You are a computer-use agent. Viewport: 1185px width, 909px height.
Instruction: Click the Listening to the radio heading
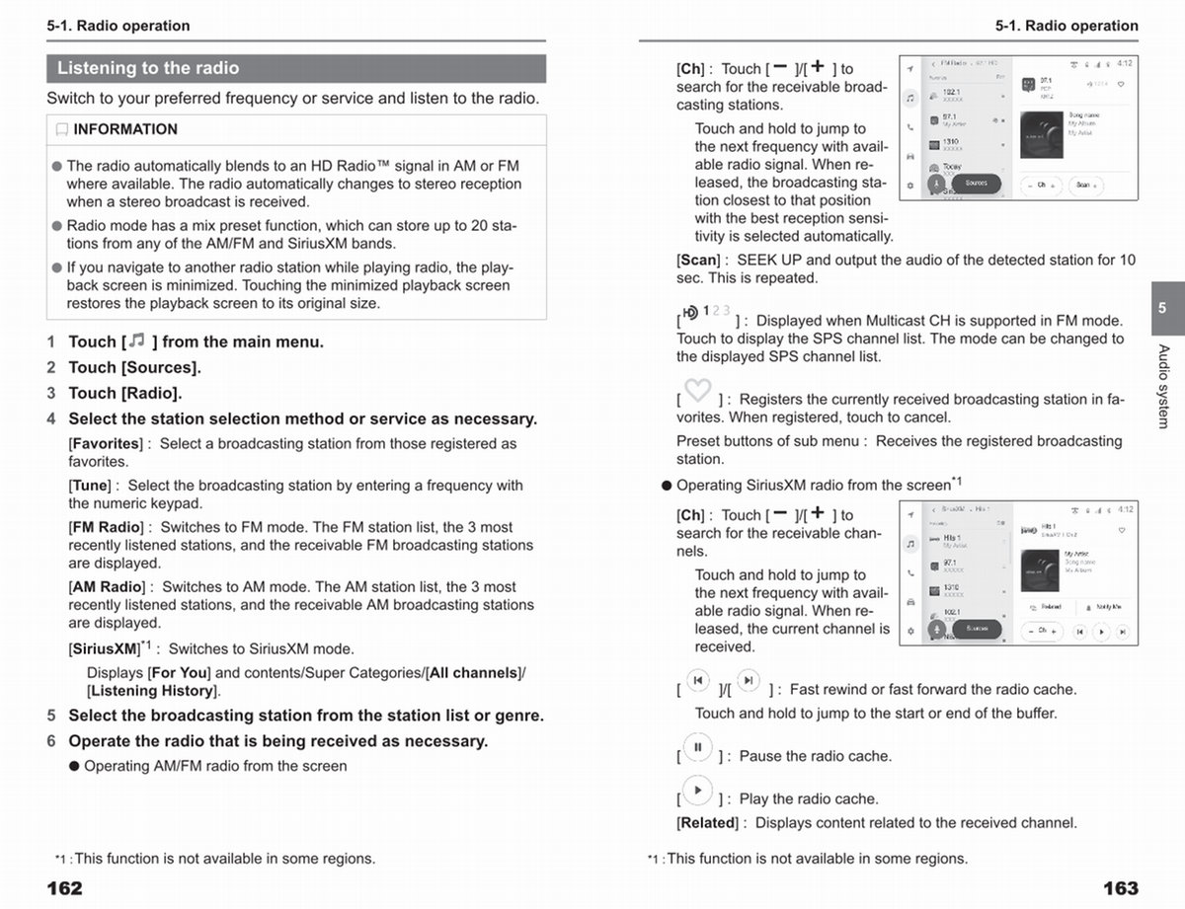coord(148,68)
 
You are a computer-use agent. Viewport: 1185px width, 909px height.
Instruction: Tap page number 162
coord(65,888)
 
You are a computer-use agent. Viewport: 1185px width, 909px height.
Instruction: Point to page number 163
coord(1120,888)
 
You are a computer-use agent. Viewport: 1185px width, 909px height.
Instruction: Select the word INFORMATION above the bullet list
coord(125,129)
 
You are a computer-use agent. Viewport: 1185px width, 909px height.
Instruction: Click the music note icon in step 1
coord(137,341)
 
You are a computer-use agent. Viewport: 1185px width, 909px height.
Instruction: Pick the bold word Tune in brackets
coord(91,486)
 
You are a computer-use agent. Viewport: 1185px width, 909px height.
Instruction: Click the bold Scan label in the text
coord(698,261)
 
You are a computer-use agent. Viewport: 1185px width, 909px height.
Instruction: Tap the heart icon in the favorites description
coord(697,391)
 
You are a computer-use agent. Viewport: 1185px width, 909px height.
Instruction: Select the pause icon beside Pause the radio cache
coord(697,747)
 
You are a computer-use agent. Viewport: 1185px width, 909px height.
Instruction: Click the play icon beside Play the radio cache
coord(697,791)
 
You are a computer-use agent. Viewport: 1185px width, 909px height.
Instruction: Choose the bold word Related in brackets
coord(707,823)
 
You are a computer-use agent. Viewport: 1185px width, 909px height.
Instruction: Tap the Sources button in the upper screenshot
coord(976,184)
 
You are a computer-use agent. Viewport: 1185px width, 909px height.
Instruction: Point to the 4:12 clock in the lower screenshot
coord(1125,509)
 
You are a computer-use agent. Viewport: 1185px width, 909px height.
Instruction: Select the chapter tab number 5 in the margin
coord(1162,308)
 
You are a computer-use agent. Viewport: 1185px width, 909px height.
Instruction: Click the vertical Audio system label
coord(1163,386)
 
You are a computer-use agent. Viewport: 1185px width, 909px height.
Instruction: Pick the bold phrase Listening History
coord(151,691)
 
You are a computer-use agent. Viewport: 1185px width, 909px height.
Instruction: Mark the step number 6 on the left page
coord(51,741)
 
